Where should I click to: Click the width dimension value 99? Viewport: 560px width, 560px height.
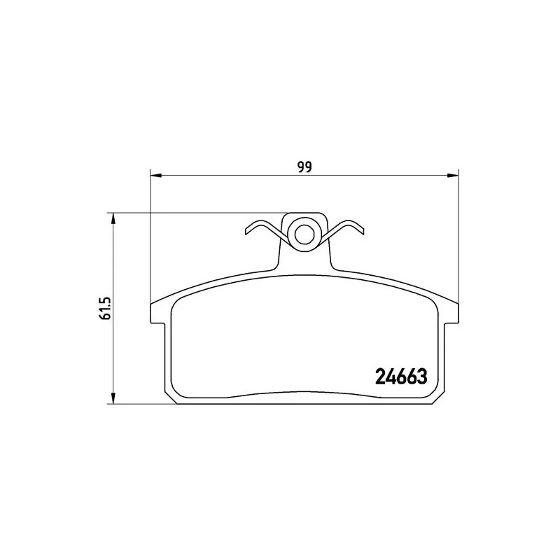pyautogui.click(x=304, y=167)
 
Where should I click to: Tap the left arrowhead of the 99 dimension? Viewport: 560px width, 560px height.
pyautogui.click(x=156, y=174)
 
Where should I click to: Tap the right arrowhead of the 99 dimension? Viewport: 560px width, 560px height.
pyautogui.click(x=452, y=174)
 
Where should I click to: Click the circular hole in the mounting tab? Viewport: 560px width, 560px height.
pyautogui.click(x=303, y=234)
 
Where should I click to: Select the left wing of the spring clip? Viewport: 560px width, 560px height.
pyautogui.click(x=262, y=228)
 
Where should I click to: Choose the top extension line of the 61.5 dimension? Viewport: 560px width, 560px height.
pyautogui.click(x=196, y=213)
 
